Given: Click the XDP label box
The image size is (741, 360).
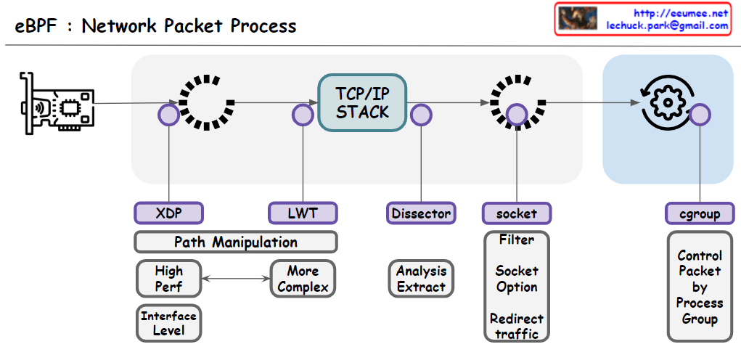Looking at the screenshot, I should (x=168, y=213).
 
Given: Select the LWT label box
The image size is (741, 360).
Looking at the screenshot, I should (x=303, y=213).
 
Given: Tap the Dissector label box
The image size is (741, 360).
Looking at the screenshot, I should (x=421, y=213).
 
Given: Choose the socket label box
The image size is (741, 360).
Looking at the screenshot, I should (x=517, y=213).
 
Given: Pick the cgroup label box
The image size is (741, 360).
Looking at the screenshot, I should (x=700, y=213).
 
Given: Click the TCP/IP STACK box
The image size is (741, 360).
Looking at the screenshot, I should (x=362, y=103).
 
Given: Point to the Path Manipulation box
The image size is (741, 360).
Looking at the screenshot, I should (x=236, y=242).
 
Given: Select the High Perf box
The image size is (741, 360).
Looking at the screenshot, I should (x=168, y=279).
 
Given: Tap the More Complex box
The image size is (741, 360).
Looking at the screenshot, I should (x=303, y=279).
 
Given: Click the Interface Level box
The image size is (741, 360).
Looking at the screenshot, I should (x=168, y=323).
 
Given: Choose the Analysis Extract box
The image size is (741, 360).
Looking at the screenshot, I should (x=421, y=279).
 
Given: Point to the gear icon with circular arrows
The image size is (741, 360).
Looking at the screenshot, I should (x=665, y=103).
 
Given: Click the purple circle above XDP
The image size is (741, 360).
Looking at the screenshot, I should (x=168, y=115).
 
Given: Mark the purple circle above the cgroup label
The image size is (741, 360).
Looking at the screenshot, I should (x=700, y=115).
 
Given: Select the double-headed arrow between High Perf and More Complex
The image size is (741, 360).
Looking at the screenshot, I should (x=236, y=279).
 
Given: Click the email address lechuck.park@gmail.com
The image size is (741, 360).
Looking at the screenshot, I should (x=667, y=25).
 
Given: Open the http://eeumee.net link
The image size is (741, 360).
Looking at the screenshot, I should (x=680, y=13).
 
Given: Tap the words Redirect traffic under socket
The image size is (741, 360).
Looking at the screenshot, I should (x=517, y=326).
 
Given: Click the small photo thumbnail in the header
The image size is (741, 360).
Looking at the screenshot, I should (x=578, y=18).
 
